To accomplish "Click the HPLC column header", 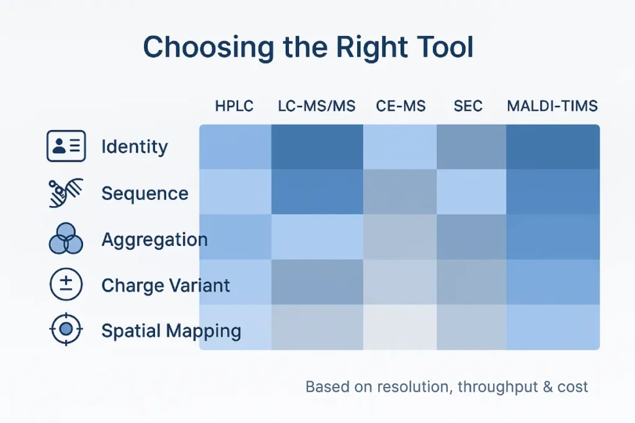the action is pos(234,106).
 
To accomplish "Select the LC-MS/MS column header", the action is pos(317,106).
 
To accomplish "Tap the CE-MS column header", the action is pos(401,106).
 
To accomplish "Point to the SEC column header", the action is pos(468,106).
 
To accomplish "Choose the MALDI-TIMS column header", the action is pos(553,106).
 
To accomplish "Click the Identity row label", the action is pos(135,147).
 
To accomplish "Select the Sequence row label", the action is pos(145,193).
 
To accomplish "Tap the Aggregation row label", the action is pos(154,240).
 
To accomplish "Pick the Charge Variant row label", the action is pos(166,286).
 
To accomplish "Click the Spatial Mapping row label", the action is pos(171,331).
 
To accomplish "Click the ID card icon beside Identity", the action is pos(66,146).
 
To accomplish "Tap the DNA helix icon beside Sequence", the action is pos(66,193).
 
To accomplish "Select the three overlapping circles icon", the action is pos(66,238).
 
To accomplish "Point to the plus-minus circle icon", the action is pos(66,284).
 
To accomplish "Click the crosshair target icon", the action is pos(66,329).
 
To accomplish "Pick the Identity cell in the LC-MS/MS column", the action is pos(317,147).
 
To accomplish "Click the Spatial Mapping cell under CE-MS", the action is pos(400,327).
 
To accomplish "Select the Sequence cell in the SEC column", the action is pos(471,192).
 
